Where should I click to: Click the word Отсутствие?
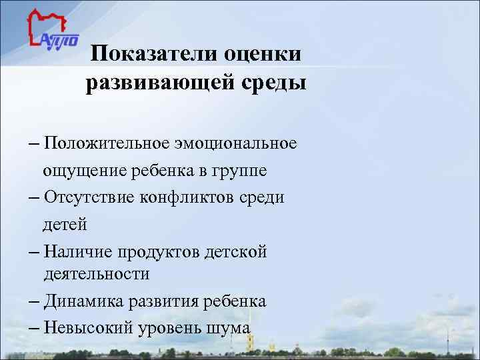[89, 197]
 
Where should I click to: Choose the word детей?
[65, 225]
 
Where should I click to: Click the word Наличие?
[78, 251]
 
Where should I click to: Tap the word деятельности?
[97, 274]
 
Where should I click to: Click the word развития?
[164, 302]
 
